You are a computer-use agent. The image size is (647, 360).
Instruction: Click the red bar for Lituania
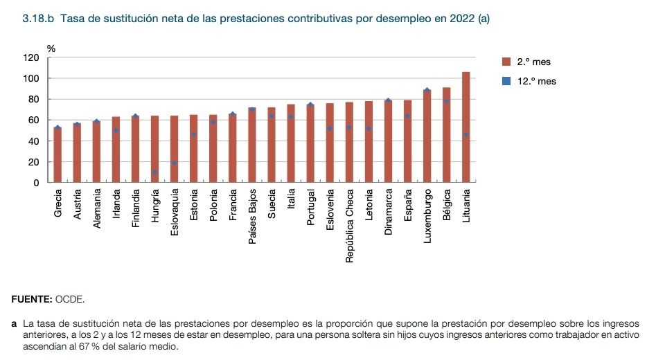[x=466, y=127]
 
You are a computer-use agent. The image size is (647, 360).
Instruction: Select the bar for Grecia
[x=58, y=155]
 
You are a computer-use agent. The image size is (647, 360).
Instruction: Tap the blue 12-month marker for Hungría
[x=155, y=172]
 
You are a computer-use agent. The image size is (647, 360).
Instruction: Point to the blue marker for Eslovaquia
[x=175, y=163]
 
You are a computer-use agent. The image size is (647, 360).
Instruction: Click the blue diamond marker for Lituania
[x=466, y=134]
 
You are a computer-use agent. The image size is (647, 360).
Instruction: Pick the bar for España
[x=407, y=141]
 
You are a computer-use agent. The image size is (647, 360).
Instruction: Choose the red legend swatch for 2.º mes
[x=506, y=62]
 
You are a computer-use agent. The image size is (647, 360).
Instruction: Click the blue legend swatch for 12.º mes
[x=506, y=81]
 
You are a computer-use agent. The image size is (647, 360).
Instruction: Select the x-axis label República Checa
[x=349, y=226]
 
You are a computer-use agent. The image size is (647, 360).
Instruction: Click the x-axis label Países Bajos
[x=252, y=217]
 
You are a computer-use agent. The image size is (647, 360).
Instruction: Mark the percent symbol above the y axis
[x=51, y=48]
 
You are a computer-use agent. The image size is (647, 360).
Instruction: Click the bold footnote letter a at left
[x=15, y=323]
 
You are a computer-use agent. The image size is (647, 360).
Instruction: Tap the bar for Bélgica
[x=446, y=135]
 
